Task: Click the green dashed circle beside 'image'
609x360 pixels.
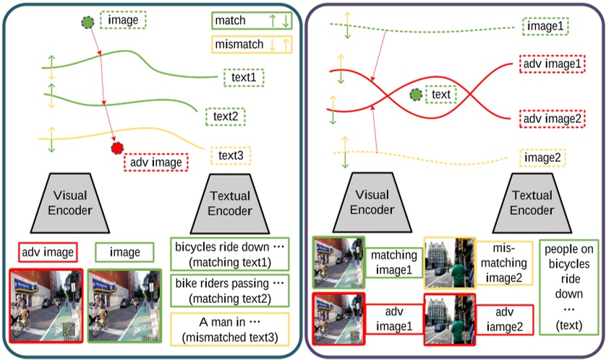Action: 88,22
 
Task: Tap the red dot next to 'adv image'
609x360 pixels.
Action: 116,149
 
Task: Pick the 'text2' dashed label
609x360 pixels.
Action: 226,115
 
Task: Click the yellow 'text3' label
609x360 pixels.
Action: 231,155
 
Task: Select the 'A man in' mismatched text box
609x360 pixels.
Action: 229,328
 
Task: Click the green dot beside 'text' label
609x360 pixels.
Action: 415,95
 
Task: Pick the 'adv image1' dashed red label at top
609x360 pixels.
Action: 553,64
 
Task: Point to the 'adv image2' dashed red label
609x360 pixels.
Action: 553,118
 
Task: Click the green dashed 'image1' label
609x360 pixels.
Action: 547,27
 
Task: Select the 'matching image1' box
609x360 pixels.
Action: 394,262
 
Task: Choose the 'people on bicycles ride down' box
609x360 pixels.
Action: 569,287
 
